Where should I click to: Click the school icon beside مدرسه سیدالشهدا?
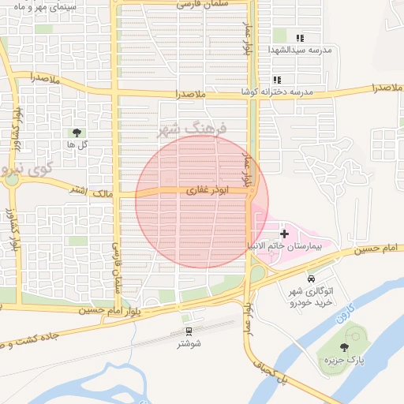299,37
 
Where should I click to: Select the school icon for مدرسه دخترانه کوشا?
277,80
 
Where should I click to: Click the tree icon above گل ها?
77,133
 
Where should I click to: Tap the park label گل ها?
77,145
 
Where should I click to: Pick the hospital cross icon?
284,234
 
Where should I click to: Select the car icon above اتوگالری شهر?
311,279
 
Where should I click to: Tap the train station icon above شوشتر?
189,331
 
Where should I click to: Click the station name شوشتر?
189,343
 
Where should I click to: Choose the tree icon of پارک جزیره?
343,347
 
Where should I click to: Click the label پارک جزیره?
334,360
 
